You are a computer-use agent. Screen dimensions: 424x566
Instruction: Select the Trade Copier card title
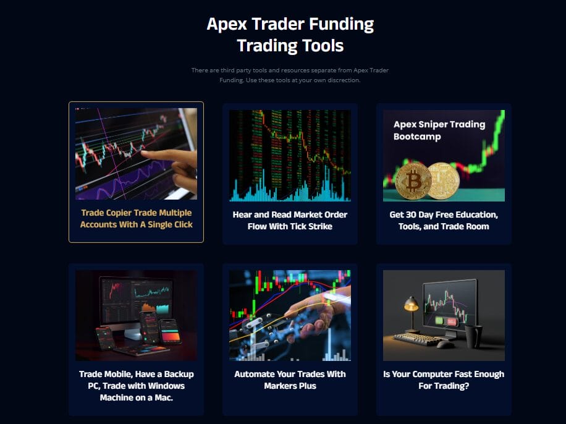click(136, 219)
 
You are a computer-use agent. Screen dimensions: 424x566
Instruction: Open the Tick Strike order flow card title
click(290, 221)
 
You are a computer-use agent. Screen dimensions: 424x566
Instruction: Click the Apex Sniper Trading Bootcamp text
click(439, 130)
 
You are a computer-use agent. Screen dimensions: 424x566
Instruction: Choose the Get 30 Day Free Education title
click(444, 221)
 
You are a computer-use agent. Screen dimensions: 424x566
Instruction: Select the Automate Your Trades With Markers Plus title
click(290, 380)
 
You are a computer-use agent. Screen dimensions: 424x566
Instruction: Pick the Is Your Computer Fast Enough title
click(444, 380)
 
